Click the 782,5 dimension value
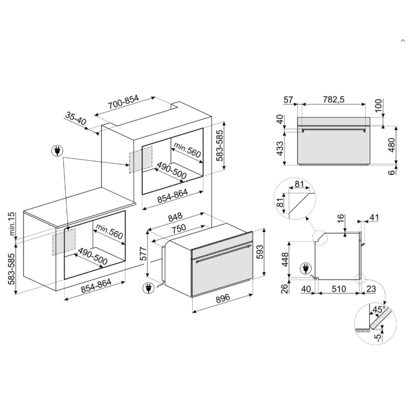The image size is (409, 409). (333, 99)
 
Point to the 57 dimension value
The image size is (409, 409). (288, 99)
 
